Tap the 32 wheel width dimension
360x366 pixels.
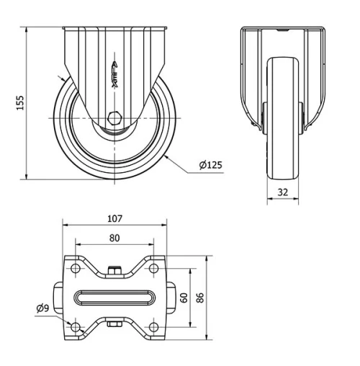(x=283, y=192)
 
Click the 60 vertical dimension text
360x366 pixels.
(x=184, y=297)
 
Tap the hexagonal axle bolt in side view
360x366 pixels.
(x=115, y=117)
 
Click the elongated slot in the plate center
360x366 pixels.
(x=115, y=298)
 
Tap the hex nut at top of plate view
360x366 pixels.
(x=115, y=271)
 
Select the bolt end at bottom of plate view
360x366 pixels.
(x=115, y=325)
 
